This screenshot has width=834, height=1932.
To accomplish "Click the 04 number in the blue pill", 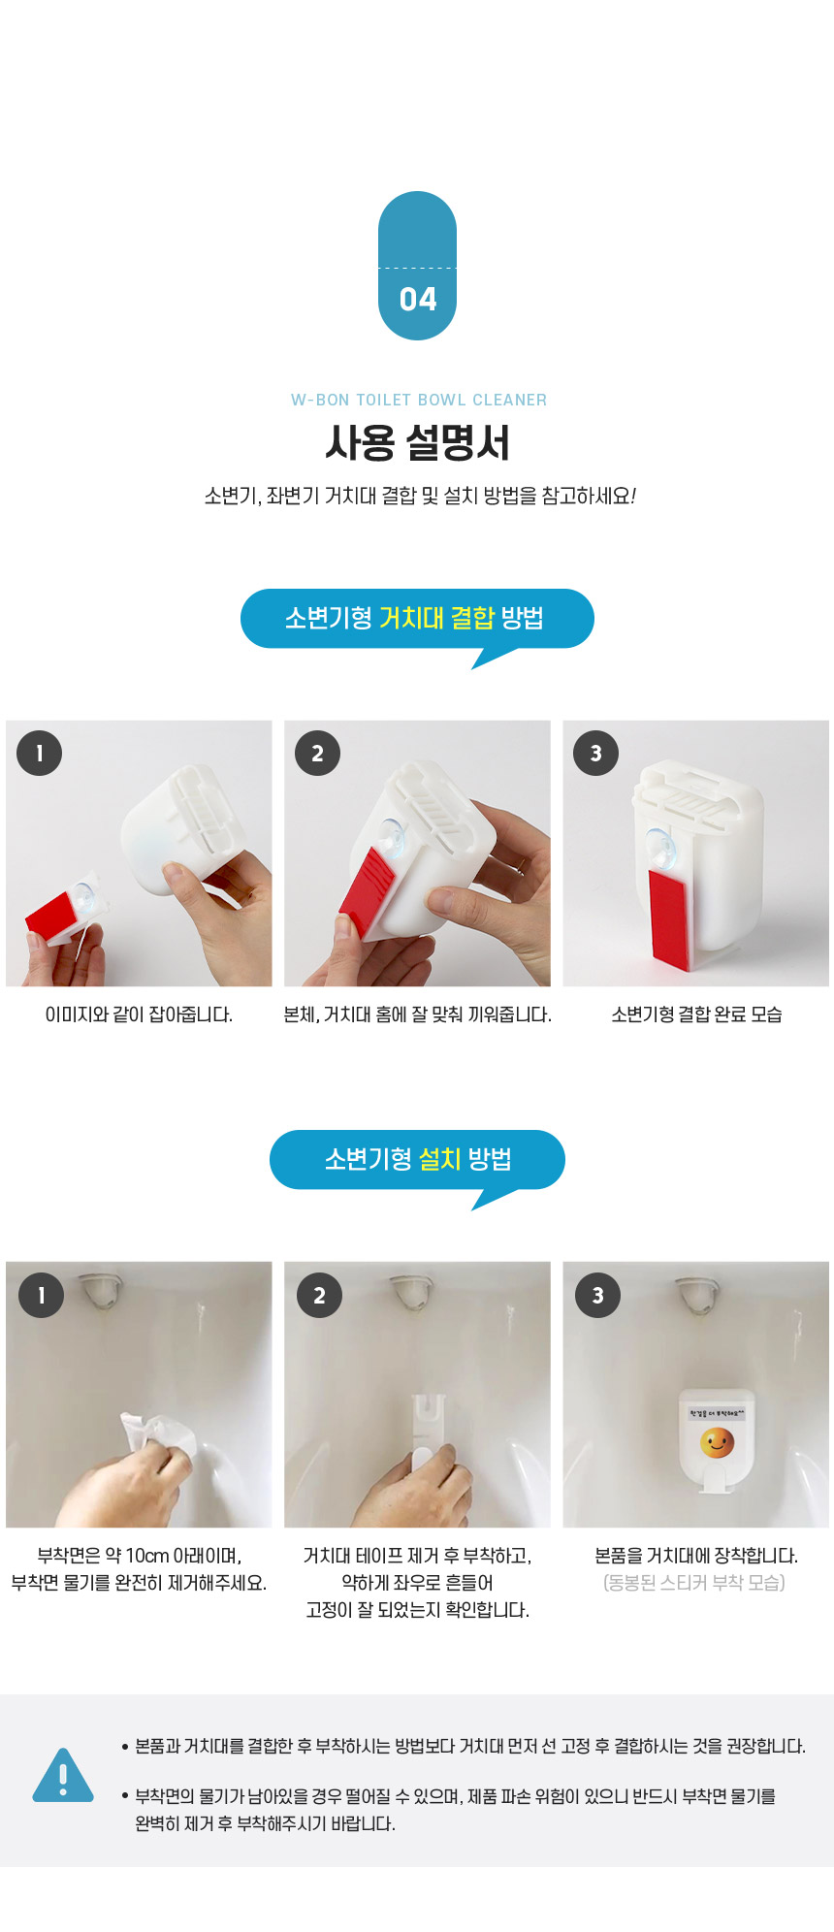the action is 418,299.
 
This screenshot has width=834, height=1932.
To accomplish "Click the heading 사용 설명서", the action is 417,443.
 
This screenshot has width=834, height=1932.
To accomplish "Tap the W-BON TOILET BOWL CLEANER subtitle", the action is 419,400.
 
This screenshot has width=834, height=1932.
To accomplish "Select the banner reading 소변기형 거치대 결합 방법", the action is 417,619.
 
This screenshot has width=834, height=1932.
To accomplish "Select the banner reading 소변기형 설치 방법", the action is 417,1160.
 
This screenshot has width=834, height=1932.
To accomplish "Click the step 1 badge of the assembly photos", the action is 40,753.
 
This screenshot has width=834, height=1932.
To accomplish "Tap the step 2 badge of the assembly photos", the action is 318,753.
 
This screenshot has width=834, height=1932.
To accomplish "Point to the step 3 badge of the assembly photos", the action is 596,753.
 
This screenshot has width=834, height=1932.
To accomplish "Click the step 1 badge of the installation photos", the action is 41,1295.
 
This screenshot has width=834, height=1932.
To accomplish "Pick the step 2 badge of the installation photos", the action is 320,1295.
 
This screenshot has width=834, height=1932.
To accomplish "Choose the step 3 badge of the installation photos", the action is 598,1295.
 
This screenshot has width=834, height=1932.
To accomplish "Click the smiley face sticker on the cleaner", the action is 717,1443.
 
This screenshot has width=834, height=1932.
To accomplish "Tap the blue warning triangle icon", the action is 63,1775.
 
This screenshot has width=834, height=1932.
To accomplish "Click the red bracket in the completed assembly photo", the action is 670,918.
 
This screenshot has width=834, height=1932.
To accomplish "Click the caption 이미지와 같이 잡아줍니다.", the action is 139,1014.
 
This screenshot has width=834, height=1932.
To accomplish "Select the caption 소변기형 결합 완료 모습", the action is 696,1014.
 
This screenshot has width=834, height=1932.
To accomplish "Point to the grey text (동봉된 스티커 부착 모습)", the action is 694,1583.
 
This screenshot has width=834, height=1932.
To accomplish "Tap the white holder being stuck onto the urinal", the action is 427,1433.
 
